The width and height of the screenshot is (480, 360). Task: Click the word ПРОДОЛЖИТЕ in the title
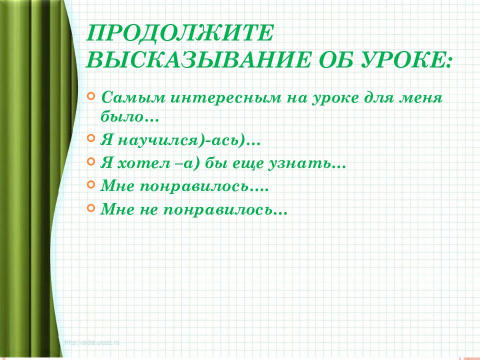pos(180,34)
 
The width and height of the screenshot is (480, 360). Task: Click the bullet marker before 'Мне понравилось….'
pos(90,184)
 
